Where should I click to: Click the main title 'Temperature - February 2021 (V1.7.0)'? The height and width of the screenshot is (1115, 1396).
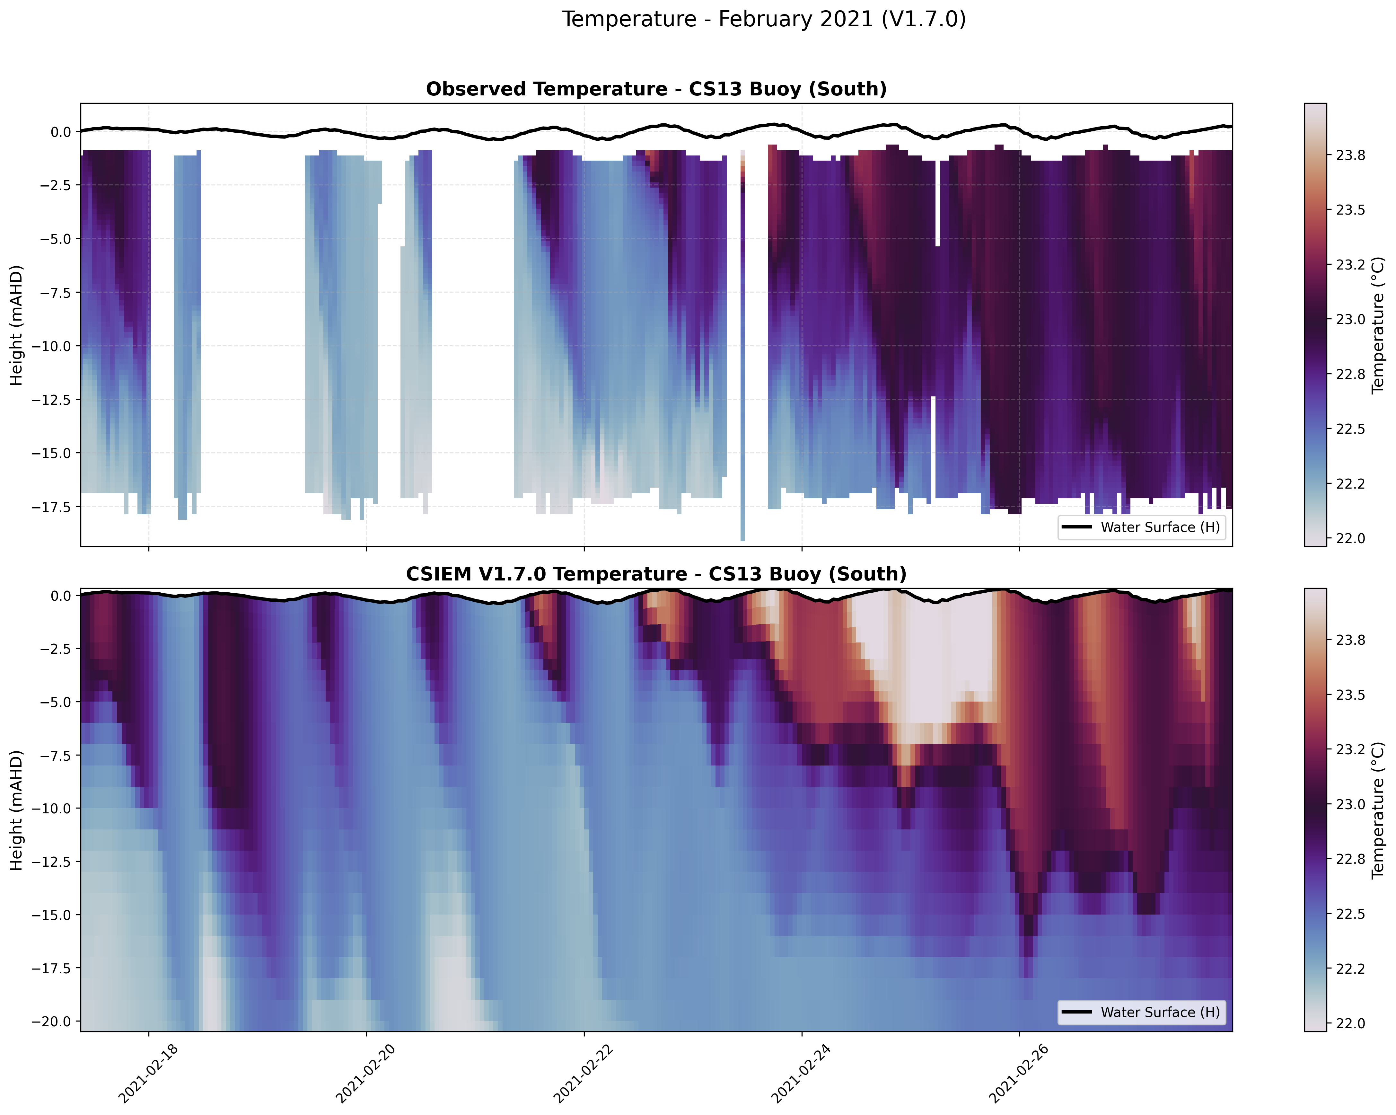pyautogui.click(x=763, y=19)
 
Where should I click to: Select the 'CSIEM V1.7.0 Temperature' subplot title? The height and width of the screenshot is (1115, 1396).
pyautogui.click(x=656, y=574)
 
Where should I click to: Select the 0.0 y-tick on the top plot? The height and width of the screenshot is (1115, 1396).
pyautogui.click(x=62, y=132)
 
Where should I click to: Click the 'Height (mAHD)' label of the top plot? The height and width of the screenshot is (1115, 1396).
pyautogui.click(x=17, y=325)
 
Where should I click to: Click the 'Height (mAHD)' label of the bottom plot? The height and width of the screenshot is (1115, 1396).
pyautogui.click(x=17, y=810)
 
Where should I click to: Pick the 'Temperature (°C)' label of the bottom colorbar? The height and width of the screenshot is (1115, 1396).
pyautogui.click(x=1378, y=810)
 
